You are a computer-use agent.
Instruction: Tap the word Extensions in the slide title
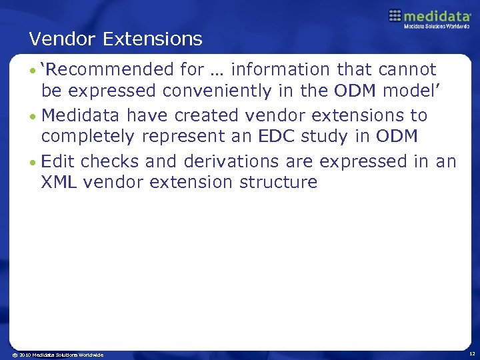tap(153, 39)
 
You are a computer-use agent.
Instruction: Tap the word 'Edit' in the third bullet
tap(57, 161)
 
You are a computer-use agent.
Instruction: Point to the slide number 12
tap(471, 354)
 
